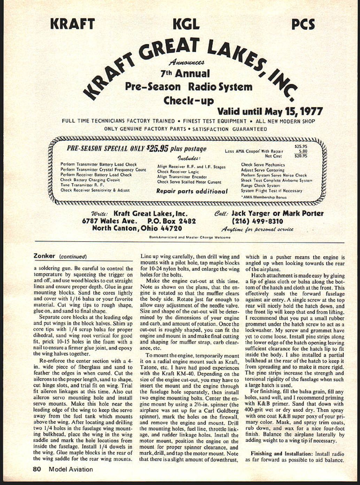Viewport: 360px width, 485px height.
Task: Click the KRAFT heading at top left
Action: point(72,24)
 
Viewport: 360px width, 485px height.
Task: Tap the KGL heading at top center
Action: point(186,24)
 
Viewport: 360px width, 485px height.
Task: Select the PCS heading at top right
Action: point(303,24)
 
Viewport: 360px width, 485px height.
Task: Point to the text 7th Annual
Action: point(185,74)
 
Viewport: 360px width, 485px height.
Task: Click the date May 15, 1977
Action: point(293,111)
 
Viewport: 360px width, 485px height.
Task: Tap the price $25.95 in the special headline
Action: point(158,149)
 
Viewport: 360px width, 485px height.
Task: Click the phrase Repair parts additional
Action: point(192,191)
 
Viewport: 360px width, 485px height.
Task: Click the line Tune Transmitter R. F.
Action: point(82,185)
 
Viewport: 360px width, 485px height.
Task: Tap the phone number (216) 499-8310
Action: point(257,221)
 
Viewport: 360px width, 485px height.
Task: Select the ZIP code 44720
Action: point(171,229)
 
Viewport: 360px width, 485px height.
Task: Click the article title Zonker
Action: point(44,256)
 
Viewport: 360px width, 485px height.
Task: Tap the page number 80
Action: point(37,469)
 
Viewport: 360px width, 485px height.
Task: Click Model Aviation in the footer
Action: point(71,469)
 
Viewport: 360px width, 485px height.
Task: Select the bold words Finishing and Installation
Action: point(282,454)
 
